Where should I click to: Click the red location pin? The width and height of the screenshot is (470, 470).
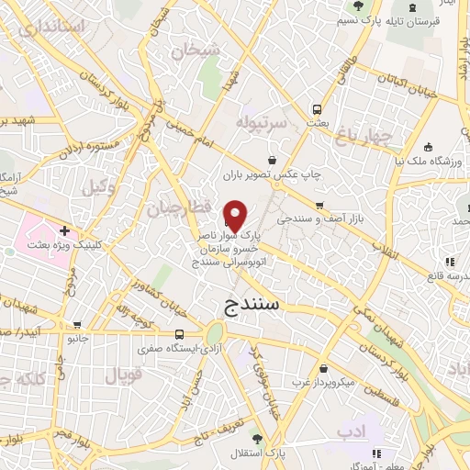click(x=235, y=215)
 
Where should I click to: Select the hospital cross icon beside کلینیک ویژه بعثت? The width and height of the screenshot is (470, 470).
click(x=63, y=230)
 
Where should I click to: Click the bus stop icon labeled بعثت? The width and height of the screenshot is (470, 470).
click(x=317, y=106)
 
